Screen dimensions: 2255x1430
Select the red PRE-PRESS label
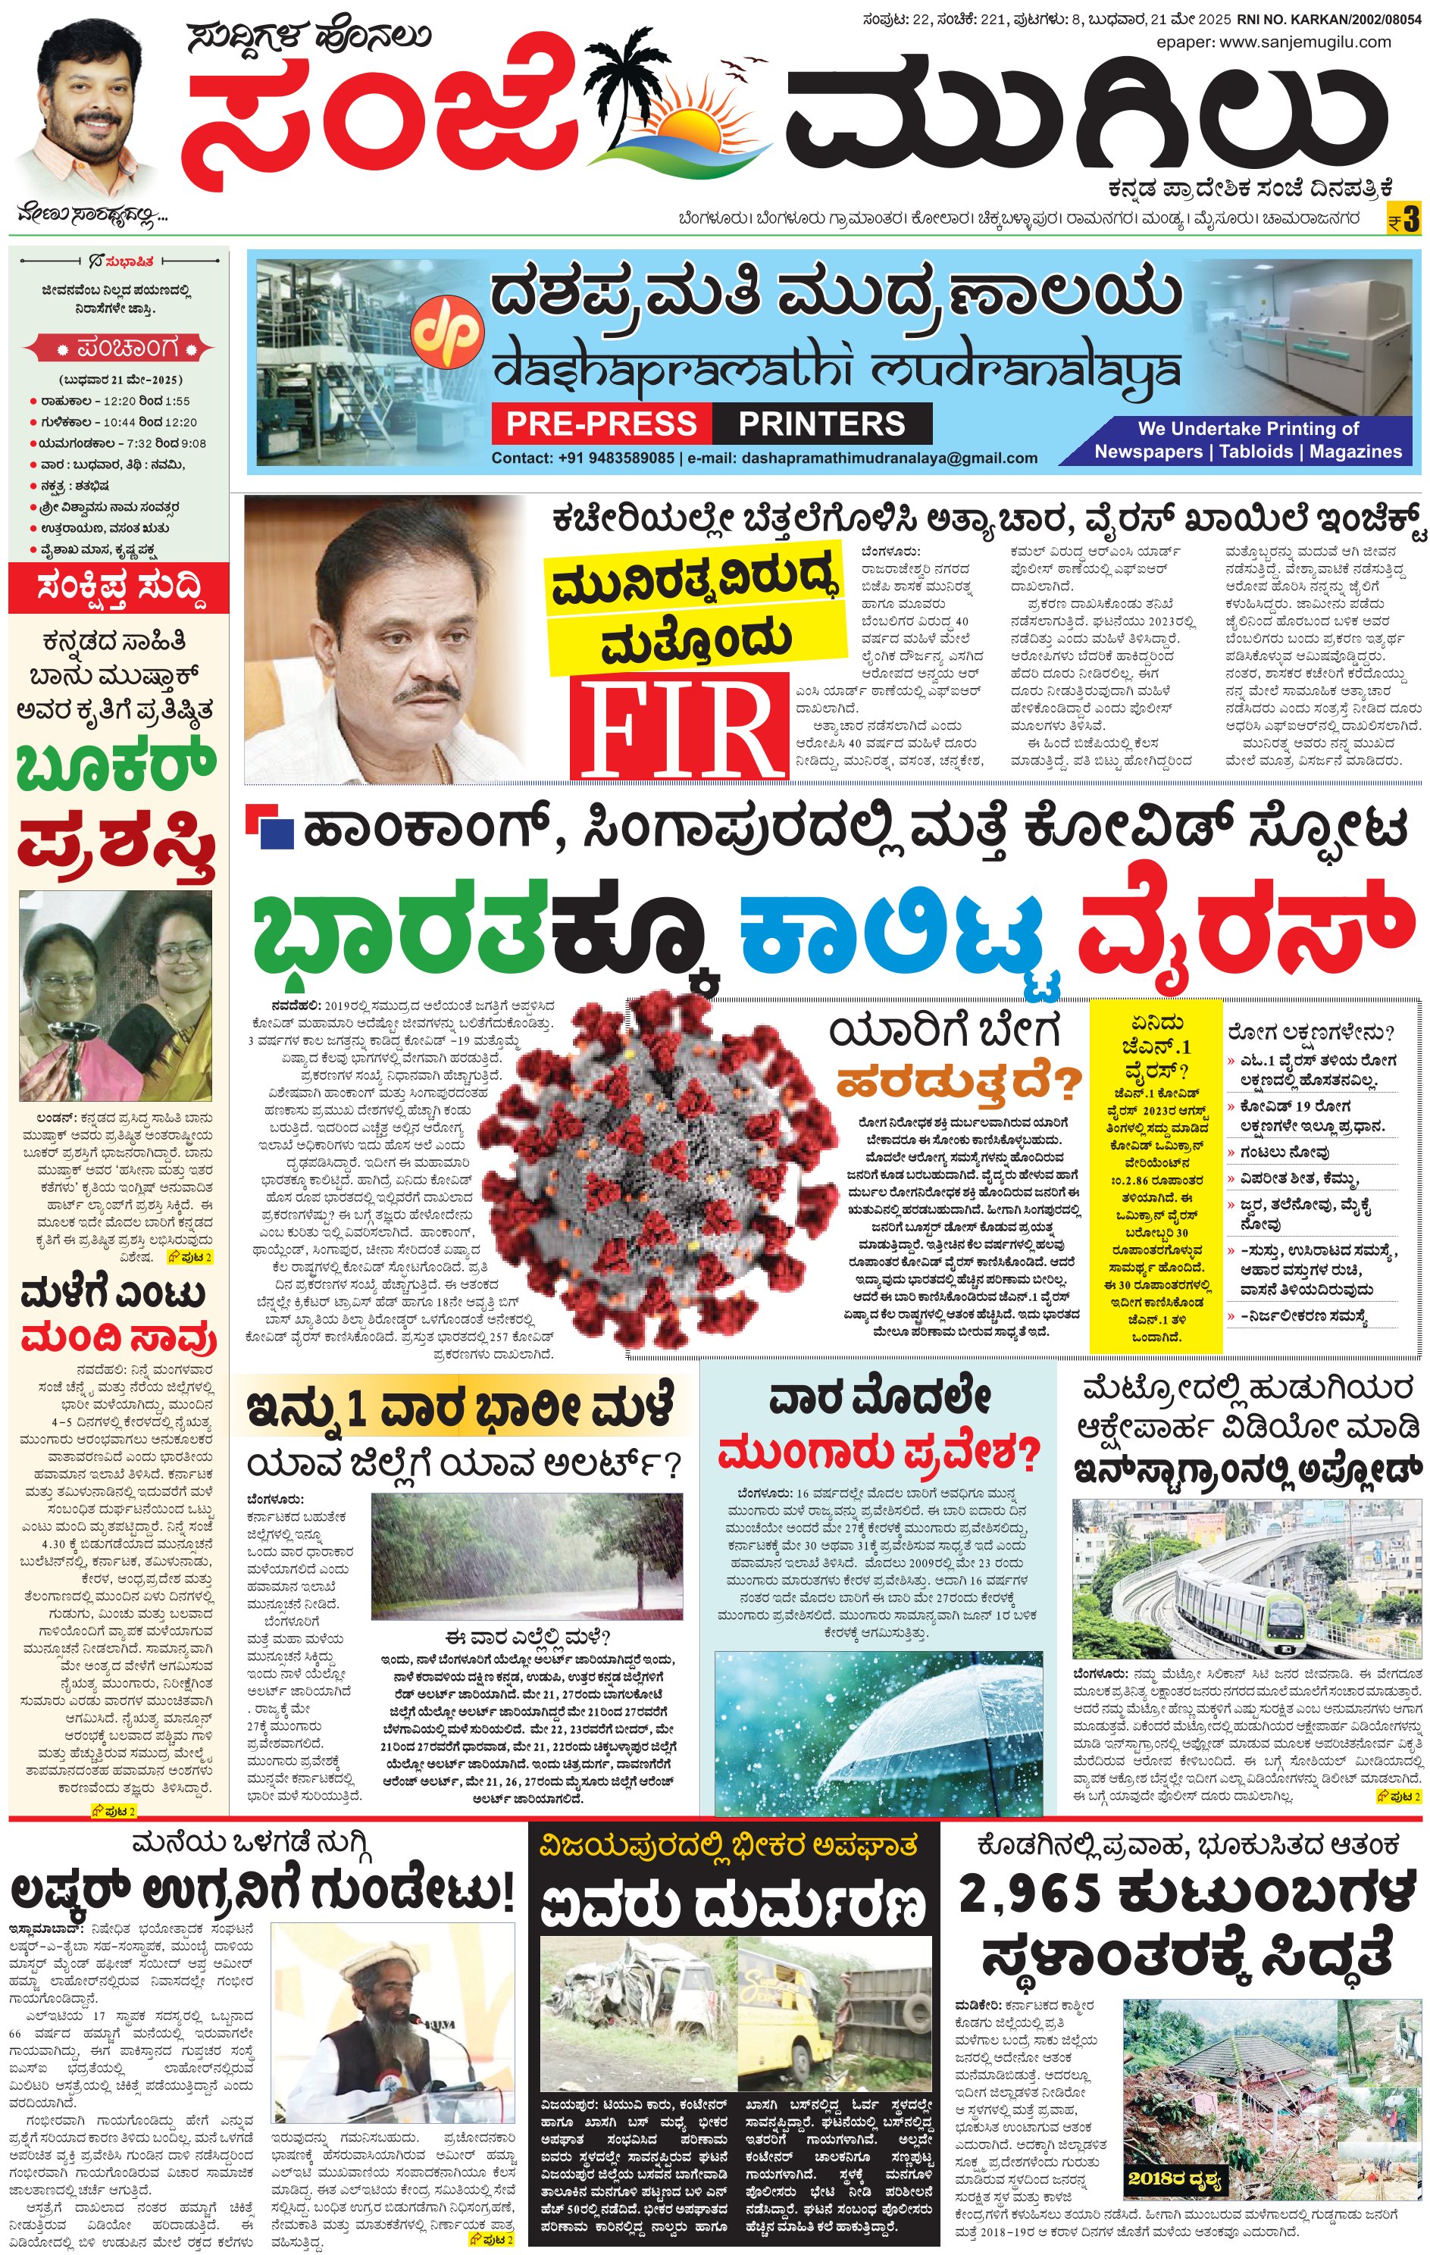coord(601,424)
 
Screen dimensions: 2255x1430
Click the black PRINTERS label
coord(821,424)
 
